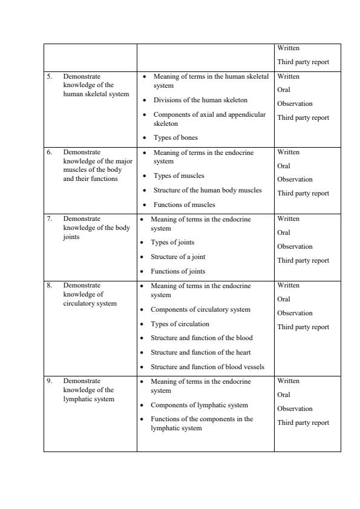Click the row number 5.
[x=50, y=77]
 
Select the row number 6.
[x=50, y=153]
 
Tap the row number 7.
[x=50, y=219]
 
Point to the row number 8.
[x=50, y=285]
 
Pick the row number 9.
[x=50, y=381]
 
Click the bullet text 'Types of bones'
[x=175, y=138]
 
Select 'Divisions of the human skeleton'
[x=200, y=100]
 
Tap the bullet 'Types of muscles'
[x=178, y=176]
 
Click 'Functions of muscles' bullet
[x=184, y=205]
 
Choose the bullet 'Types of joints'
[x=172, y=243]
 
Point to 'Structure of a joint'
[x=178, y=257]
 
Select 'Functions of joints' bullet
[x=178, y=272]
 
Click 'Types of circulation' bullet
[x=180, y=324]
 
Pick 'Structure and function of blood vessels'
[x=207, y=367]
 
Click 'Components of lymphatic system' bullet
[x=199, y=405]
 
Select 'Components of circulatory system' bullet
[x=200, y=309]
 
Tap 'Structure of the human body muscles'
[x=208, y=190]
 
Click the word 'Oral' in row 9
[x=284, y=395]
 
